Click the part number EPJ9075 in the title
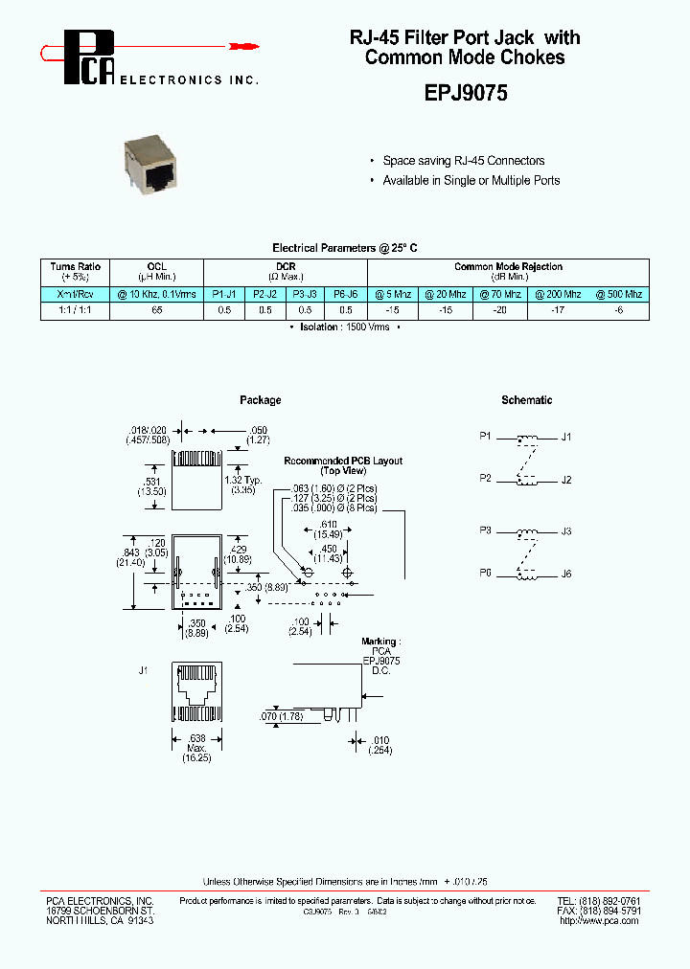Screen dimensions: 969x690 pos(465,94)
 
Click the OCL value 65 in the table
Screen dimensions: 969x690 pos(156,310)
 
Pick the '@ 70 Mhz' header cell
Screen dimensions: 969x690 pos(501,294)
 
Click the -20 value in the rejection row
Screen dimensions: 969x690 pos(501,310)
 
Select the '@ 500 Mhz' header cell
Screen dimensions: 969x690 pos(618,294)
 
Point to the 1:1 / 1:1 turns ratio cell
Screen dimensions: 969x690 pos(76,310)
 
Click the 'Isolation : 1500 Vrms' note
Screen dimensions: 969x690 pos(344,327)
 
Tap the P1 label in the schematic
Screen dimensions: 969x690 pos(485,437)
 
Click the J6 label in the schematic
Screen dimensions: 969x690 pos(566,574)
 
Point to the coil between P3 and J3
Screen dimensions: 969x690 pos(526,532)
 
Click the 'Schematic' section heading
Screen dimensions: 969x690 pos(526,400)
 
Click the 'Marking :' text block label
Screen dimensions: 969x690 pos(380,641)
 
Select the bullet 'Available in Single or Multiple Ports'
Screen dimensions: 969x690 pos(471,180)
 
